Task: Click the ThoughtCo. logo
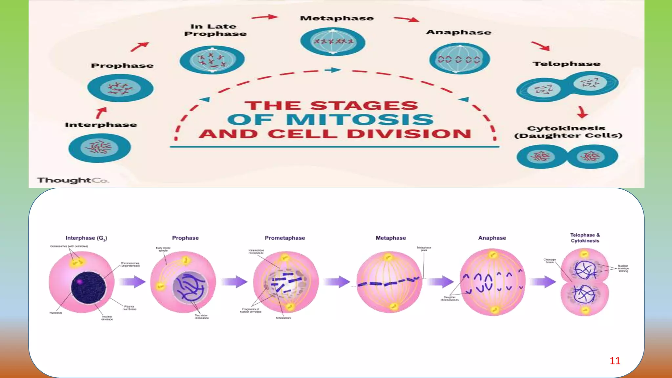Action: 73,180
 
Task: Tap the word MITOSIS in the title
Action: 360,119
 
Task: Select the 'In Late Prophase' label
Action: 215,30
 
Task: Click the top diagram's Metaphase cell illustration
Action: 333,42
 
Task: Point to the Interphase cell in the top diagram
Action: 99,148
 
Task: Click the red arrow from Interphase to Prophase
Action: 101,113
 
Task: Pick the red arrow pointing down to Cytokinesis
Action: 582,112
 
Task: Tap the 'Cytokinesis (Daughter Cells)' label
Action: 568,132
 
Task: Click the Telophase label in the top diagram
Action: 566,64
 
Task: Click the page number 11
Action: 615,361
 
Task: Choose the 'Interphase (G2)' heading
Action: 86,238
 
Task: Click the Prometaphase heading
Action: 285,238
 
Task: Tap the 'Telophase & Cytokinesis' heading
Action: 585,238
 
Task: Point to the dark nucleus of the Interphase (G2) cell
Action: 89,287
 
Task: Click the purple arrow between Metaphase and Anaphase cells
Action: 441,282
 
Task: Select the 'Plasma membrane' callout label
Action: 129,308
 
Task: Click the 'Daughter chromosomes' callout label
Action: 450,299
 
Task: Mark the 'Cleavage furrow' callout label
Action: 550,261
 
